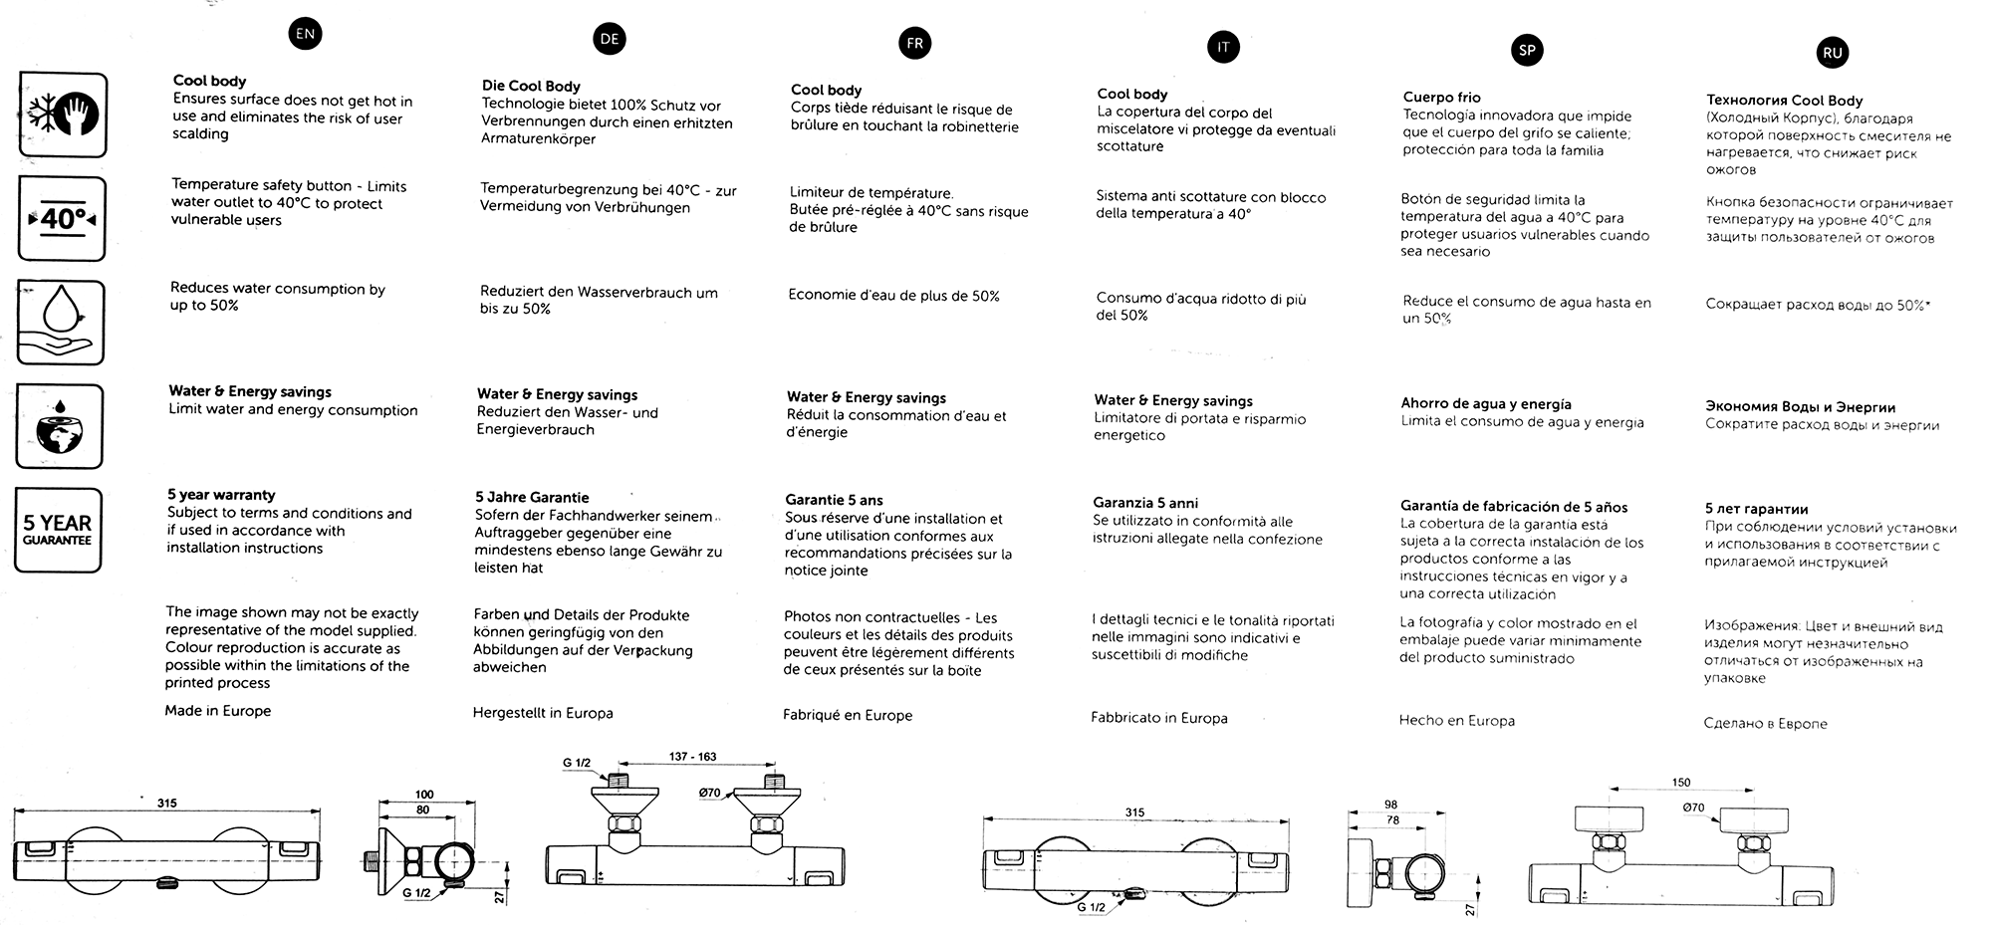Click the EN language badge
click(x=305, y=34)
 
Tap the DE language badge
click(x=610, y=39)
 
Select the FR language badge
click(x=914, y=43)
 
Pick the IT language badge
click(x=1223, y=47)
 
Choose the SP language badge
click(x=1527, y=50)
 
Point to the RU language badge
click(x=1833, y=54)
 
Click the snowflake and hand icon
click(x=62, y=115)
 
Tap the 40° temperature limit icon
click(x=62, y=218)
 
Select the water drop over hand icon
click(x=61, y=322)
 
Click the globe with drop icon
click(x=60, y=426)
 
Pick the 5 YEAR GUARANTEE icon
click(x=58, y=530)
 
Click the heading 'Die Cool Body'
click(x=531, y=87)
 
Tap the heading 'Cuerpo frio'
click(x=1441, y=98)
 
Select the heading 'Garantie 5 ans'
click(x=834, y=500)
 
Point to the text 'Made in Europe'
click(x=218, y=711)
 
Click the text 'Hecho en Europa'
click(x=1456, y=721)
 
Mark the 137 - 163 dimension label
click(x=692, y=757)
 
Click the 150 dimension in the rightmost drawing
click(x=1681, y=783)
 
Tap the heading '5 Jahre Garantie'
click(x=532, y=497)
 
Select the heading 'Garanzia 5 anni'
click(x=1145, y=503)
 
